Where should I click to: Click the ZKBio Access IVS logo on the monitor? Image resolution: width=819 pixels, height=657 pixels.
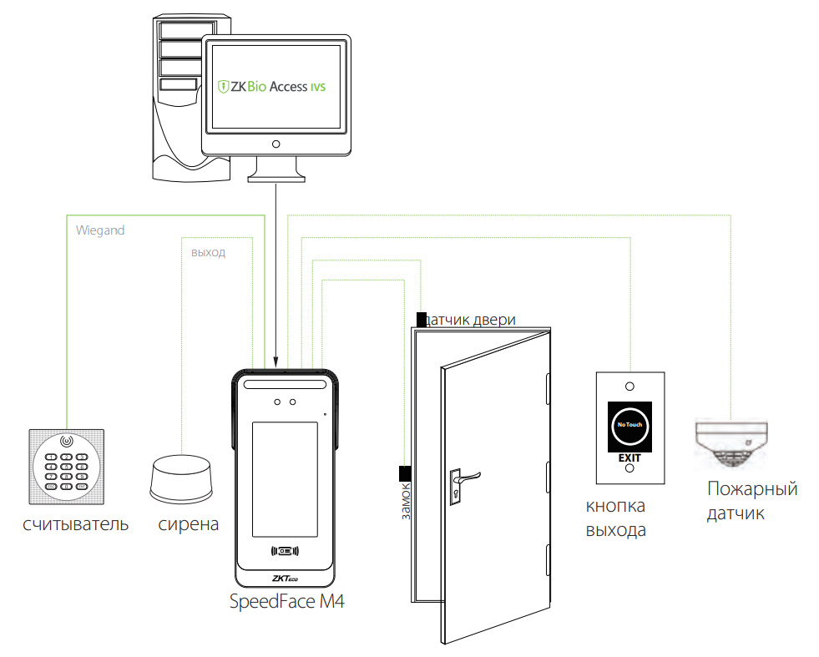(271, 86)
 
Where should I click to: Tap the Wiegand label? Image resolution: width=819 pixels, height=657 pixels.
(100, 230)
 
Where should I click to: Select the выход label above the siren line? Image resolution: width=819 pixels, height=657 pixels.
(208, 251)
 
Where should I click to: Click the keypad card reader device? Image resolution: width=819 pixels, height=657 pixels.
(68, 467)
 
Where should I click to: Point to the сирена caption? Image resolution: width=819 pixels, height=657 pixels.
(189, 524)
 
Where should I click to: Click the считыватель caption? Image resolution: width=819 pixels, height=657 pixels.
(76, 524)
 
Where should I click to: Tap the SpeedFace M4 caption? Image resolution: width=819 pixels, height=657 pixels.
(286, 602)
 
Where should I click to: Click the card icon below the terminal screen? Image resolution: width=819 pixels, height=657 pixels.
(285, 550)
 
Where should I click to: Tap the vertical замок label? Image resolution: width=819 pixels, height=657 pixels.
(407, 501)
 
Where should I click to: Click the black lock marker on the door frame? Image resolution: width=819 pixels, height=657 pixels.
(404, 473)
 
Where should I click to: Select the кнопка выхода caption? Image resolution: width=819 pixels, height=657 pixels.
(616, 518)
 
